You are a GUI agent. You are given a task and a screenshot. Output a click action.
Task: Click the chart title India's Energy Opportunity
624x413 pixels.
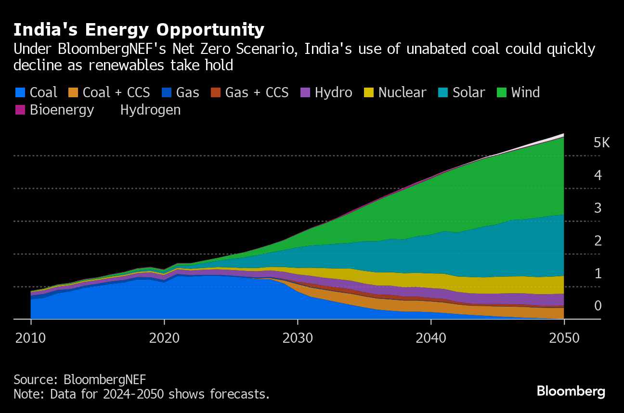(x=139, y=30)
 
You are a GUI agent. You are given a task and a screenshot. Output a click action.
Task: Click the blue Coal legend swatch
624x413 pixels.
(x=20, y=92)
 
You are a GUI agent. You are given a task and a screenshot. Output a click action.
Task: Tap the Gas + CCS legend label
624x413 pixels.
(x=257, y=92)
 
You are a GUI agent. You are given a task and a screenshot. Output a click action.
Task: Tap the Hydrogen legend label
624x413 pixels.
(x=150, y=110)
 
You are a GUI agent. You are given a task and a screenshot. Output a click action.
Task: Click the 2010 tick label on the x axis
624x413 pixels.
(x=31, y=338)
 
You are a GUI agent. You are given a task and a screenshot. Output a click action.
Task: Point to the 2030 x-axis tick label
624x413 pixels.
(x=298, y=338)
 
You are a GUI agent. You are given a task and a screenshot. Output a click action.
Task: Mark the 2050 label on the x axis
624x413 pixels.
(x=564, y=338)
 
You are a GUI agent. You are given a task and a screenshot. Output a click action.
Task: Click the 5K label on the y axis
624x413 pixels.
(x=601, y=142)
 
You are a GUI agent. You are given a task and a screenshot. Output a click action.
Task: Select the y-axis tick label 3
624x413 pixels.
(x=598, y=208)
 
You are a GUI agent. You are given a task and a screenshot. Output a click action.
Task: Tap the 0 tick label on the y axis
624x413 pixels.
(x=598, y=306)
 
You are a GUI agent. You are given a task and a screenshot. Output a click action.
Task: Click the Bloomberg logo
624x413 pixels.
(x=571, y=391)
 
